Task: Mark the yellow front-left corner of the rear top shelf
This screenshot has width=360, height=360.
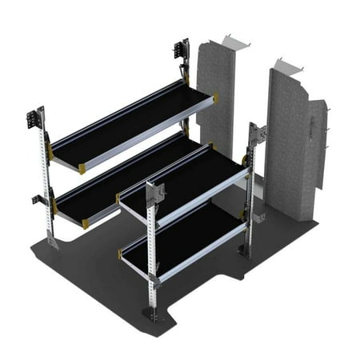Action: [82, 168]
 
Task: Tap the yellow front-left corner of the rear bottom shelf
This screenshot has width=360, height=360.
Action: [86, 223]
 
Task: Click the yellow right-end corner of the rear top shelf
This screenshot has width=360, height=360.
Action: [214, 98]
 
